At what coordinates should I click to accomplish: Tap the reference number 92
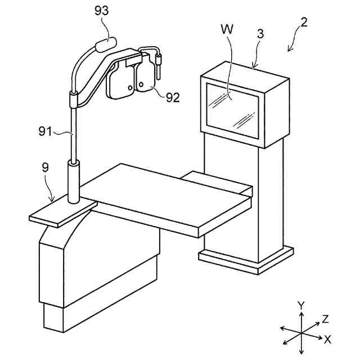pyautogui.click(x=173, y=97)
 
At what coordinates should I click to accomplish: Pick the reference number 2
pyautogui.click(x=303, y=23)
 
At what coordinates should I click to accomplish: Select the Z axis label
pyautogui.click(x=325, y=319)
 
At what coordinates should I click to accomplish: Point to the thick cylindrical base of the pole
pyautogui.click(x=74, y=181)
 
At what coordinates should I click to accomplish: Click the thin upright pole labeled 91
pyautogui.click(x=73, y=135)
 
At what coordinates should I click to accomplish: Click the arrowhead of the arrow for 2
pyautogui.click(x=289, y=50)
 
